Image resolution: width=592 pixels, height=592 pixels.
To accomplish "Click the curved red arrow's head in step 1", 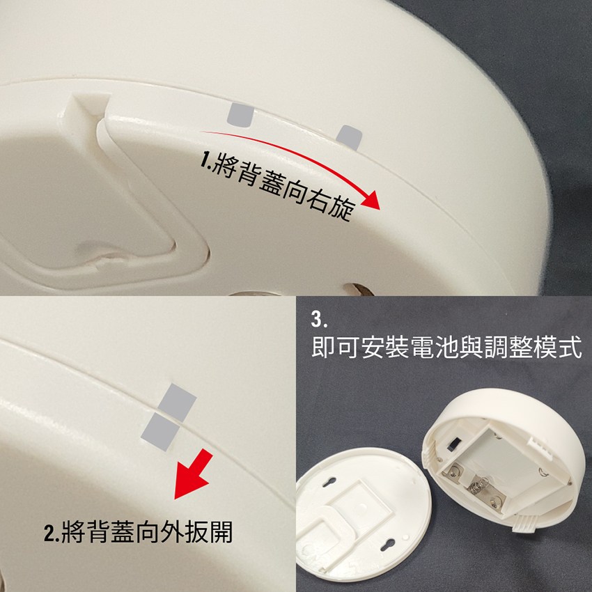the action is coord(372,201).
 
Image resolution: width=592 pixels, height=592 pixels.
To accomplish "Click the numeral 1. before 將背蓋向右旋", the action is coord(205,162).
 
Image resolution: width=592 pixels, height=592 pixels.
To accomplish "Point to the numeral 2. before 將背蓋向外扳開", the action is coord(52,533).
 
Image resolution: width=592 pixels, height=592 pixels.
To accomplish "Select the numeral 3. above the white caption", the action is coord(319,319).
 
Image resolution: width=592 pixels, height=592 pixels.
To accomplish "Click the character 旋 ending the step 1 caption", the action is coord(341,209).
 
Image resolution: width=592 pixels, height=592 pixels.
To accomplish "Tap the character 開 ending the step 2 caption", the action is coord(221,531).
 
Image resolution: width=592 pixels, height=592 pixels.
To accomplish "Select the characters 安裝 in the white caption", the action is coord(385,347).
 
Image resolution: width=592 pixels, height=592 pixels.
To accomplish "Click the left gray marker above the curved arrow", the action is coord(240,115).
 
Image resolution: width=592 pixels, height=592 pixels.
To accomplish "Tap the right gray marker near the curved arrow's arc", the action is coord(349,137).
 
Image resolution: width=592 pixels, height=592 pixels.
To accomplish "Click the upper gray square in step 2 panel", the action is coord(177,403).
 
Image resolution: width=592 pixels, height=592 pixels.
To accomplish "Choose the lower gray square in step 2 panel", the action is coord(160,432).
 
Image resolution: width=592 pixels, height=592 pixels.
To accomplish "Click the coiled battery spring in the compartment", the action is coord(477,485).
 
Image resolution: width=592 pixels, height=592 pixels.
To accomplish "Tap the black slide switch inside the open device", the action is coord(452,444).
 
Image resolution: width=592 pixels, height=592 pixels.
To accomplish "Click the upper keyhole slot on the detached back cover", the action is coord(329,482).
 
